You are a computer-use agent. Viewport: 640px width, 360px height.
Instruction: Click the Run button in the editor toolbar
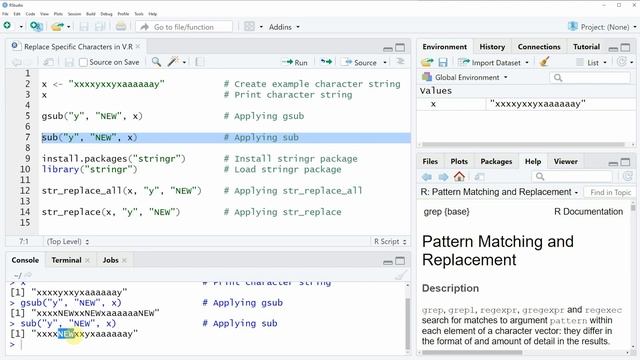tap(295, 62)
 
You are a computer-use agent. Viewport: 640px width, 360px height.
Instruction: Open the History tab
tap(492, 47)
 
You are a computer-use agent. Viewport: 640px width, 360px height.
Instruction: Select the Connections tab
tap(539, 47)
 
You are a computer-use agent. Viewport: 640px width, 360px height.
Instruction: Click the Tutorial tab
tap(586, 47)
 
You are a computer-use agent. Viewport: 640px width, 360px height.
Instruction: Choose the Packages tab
tap(496, 161)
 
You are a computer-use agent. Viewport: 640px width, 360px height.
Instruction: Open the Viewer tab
tap(566, 161)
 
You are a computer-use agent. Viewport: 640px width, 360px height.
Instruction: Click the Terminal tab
tap(66, 260)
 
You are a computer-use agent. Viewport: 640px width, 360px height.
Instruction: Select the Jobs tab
tap(110, 260)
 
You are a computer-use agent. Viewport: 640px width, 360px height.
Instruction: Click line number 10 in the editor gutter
tap(25, 158)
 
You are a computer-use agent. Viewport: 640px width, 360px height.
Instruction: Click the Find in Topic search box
tap(609, 192)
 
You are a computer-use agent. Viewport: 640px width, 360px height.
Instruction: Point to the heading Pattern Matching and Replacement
tap(498, 250)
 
